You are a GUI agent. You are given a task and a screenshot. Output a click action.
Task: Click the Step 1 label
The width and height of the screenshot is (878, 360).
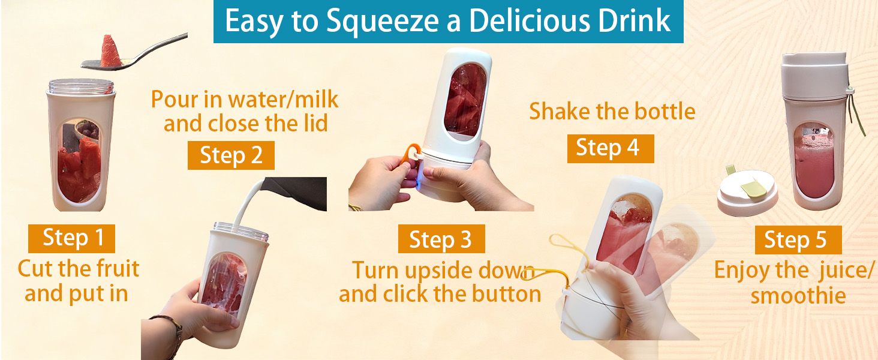coord(71,238)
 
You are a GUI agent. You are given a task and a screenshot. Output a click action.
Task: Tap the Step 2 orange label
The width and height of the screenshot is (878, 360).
coord(231,155)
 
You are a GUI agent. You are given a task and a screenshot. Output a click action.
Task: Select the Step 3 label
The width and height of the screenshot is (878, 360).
coord(441,240)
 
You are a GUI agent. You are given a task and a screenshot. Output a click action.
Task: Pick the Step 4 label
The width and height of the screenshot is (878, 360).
coord(608,148)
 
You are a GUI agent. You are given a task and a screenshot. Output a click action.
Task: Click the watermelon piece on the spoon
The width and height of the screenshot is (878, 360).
coord(109,51)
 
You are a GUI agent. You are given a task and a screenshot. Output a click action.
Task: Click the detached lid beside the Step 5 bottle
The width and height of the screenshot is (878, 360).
coord(747,195)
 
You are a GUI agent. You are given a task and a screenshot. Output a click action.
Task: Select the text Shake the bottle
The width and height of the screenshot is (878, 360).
coord(612,112)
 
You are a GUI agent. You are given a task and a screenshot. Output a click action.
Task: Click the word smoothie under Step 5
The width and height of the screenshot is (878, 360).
coord(798,296)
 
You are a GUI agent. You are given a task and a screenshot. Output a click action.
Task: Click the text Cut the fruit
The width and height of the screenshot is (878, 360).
coord(78,268)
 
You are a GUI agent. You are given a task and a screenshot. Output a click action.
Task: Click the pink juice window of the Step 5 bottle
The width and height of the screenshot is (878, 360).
coord(814,159)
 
